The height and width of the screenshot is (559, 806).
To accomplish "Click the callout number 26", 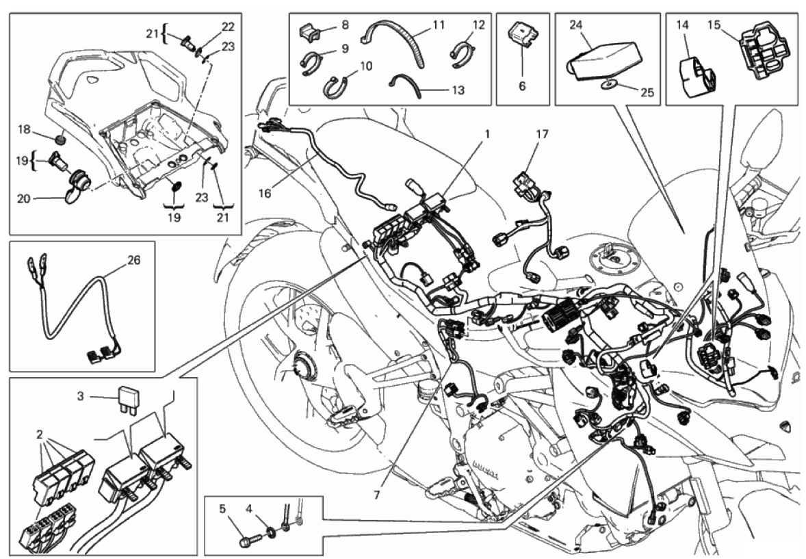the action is (x=133, y=260).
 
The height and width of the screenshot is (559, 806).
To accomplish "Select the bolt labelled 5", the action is (x=249, y=541).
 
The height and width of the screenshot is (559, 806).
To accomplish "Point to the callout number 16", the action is (x=264, y=194).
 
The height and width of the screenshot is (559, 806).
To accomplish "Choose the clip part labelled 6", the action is (x=523, y=35).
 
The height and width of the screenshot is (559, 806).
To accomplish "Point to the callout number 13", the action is (x=458, y=90).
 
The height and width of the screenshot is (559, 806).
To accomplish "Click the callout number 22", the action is (x=227, y=27).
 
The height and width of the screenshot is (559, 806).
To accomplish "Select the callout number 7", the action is (x=376, y=495).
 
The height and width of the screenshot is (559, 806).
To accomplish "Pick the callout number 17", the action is (x=543, y=133).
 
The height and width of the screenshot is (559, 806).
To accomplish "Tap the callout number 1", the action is (x=486, y=133).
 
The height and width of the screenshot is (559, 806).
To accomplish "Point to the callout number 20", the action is (x=24, y=198).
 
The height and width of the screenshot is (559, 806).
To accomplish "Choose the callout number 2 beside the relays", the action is (x=39, y=434).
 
